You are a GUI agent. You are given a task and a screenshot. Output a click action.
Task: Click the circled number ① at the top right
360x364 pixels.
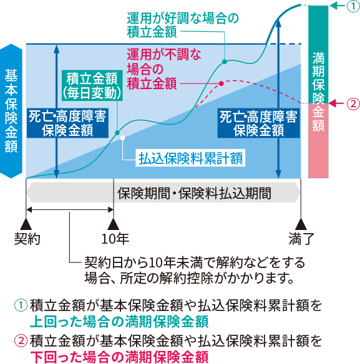point(354,6)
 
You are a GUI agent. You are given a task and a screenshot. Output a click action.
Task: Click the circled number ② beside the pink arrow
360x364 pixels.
point(354,103)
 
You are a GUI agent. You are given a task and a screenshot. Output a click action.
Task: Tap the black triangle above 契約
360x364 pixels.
point(26,224)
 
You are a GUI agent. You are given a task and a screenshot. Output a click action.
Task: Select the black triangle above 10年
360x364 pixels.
point(114,224)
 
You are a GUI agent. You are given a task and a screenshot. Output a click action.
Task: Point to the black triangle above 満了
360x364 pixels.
point(301,224)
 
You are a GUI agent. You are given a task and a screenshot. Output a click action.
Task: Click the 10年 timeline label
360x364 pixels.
point(115,239)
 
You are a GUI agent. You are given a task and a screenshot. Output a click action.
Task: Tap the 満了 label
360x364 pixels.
point(301,239)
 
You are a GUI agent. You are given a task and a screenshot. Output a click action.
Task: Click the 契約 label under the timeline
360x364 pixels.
point(27,239)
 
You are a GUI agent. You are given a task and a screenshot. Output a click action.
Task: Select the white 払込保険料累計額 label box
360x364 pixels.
point(190,158)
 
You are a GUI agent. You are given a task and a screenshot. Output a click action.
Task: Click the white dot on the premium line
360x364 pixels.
point(122,138)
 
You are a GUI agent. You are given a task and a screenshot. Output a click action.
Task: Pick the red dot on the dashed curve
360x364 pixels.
point(221,84)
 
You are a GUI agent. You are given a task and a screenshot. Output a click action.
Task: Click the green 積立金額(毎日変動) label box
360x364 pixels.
point(92,85)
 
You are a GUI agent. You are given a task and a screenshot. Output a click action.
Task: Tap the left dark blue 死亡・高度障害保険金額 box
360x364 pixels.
point(67,123)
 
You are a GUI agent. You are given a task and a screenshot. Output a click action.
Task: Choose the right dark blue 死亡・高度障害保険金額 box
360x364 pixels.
point(259,123)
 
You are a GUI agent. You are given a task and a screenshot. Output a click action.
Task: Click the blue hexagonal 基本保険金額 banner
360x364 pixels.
point(11,111)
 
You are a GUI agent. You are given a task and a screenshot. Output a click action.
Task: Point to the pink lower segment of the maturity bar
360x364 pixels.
point(318,141)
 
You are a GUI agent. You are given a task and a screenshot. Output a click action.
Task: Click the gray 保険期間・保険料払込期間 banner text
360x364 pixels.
point(194,193)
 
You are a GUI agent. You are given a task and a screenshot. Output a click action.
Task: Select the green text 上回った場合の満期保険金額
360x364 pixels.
point(119,322)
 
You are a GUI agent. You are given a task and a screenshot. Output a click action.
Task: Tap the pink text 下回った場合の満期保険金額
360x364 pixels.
point(119,357)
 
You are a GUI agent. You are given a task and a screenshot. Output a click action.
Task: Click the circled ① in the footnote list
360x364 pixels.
point(21,305)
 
